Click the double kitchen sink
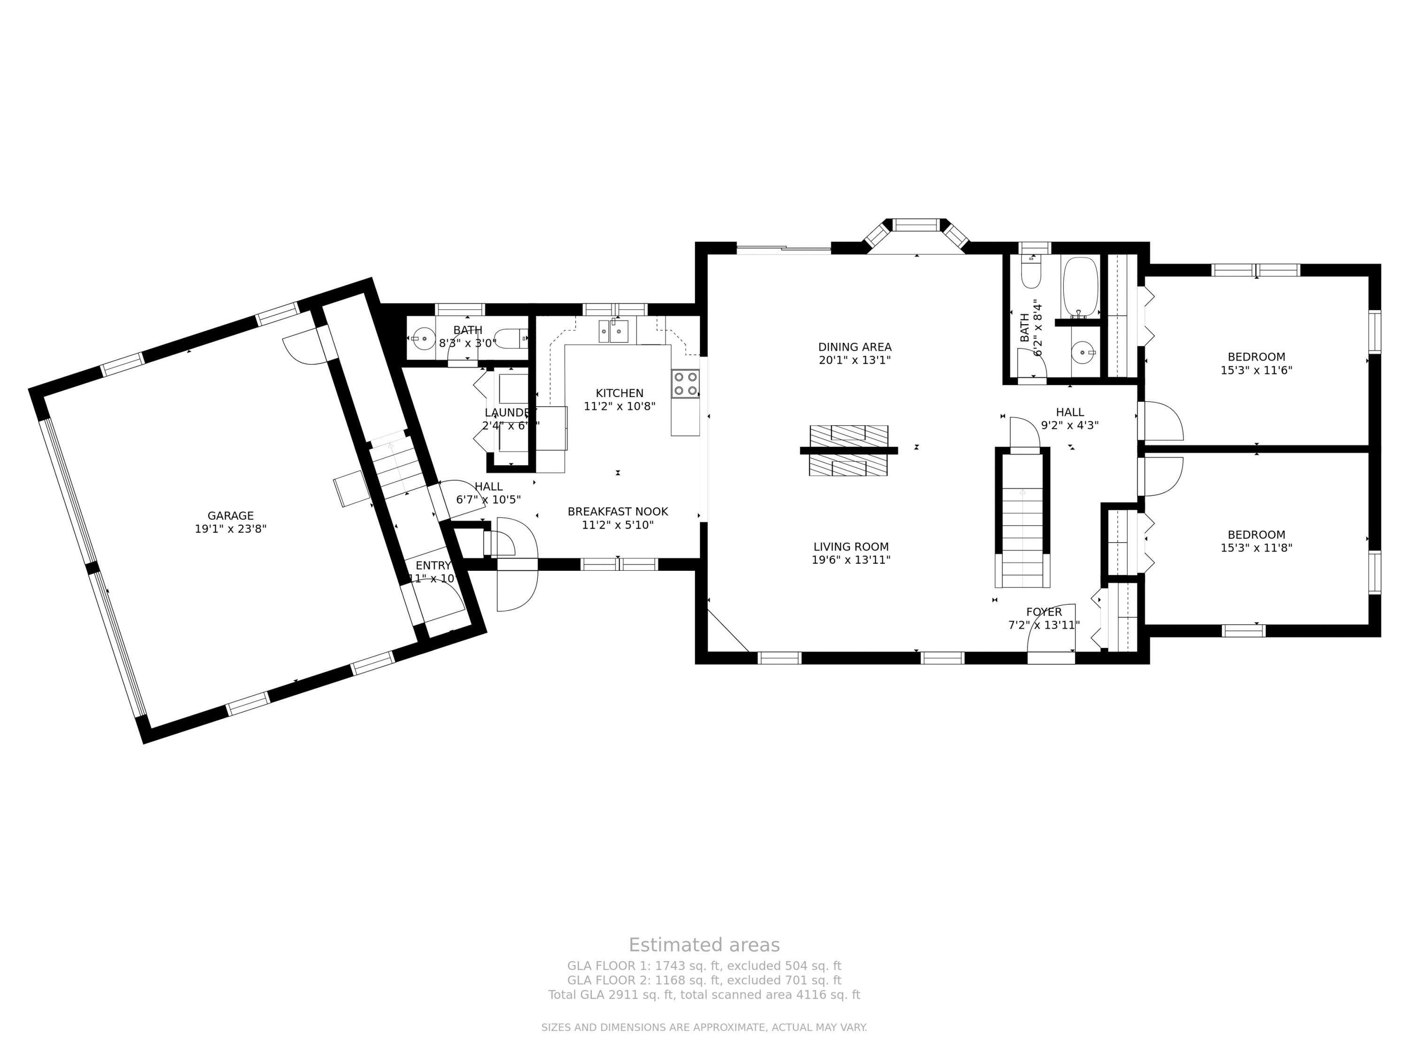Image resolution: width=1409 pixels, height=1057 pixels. click(613, 331)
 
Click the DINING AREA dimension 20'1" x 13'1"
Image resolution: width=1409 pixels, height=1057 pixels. click(854, 360)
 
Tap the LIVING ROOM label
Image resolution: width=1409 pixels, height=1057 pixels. click(851, 547)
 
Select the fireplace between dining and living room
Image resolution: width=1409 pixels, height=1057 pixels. click(849, 451)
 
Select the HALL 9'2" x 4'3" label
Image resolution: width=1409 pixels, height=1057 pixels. click(1069, 419)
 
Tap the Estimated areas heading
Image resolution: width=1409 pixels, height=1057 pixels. click(704, 945)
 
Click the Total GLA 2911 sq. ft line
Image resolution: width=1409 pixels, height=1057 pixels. click(704, 995)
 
